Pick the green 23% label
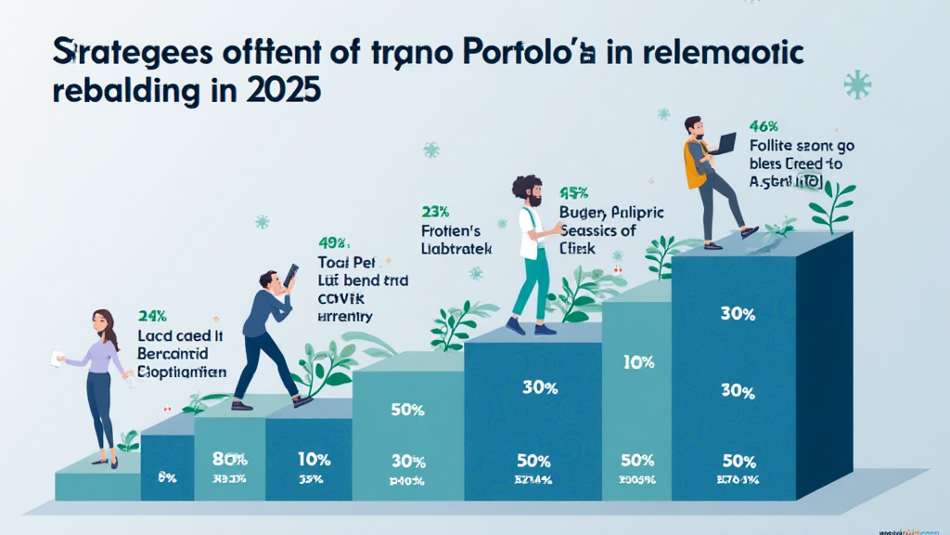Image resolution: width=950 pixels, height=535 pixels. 434,211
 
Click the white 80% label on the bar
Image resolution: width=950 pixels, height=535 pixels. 229,458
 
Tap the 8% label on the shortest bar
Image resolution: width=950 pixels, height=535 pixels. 167,477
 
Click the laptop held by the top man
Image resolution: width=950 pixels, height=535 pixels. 725,143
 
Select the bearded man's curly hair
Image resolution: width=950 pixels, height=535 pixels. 526,185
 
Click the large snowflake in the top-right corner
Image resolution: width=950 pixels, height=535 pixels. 856,85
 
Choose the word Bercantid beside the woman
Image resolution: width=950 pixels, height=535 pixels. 173,354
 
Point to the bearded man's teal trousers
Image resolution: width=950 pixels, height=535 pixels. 532,289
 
